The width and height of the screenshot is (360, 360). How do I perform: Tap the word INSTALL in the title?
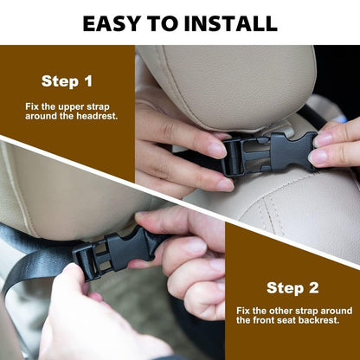(231, 23)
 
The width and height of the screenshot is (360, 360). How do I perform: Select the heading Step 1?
(67, 81)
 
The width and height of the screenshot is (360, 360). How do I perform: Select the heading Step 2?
(292, 288)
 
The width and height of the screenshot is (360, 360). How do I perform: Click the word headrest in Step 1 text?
(97, 116)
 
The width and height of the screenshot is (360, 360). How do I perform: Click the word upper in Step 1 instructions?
(68, 107)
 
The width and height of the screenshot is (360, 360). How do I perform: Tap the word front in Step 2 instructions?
(263, 320)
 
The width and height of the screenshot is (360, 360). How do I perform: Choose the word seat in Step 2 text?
(286, 320)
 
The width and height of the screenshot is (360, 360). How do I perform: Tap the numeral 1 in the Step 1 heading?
(89, 81)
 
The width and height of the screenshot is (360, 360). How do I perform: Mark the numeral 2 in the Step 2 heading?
(313, 288)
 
